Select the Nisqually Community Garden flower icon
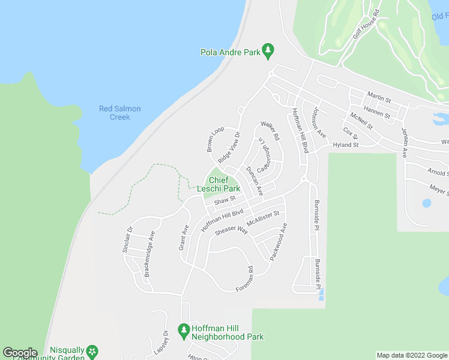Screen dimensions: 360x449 coord(92,350)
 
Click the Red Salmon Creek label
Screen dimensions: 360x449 coord(120,113)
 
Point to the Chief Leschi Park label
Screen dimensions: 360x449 coord(220,184)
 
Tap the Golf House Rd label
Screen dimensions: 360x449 coord(367,25)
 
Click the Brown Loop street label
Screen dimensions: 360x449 coord(215,139)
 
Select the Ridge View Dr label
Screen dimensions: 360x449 coord(229,148)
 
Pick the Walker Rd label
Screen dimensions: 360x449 coord(270,131)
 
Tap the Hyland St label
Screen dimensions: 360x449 coord(345,145)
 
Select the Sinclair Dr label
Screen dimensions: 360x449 coord(127,239)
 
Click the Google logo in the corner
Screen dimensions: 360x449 coord(20,353)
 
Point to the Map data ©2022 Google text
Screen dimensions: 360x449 coord(412,355)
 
